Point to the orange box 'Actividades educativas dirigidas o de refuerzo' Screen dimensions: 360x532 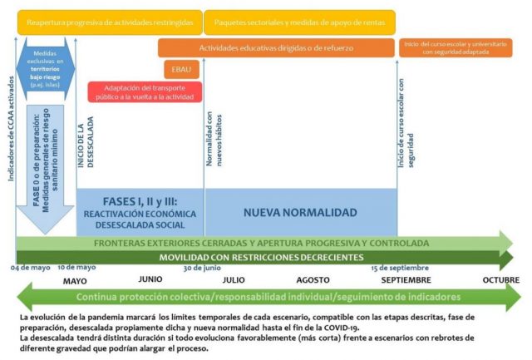coord(275,49)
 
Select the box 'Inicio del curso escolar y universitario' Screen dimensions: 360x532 coord(455,47)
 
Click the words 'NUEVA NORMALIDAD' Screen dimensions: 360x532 coord(300,213)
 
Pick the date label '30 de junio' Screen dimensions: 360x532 coord(202,268)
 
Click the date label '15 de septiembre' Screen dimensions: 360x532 coord(401,268)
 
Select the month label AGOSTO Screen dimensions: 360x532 coord(313,280)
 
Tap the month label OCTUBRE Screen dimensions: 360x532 coord(500,280)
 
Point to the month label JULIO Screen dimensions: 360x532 coord(234,280)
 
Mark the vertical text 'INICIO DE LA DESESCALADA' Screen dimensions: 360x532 coord(85,142)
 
